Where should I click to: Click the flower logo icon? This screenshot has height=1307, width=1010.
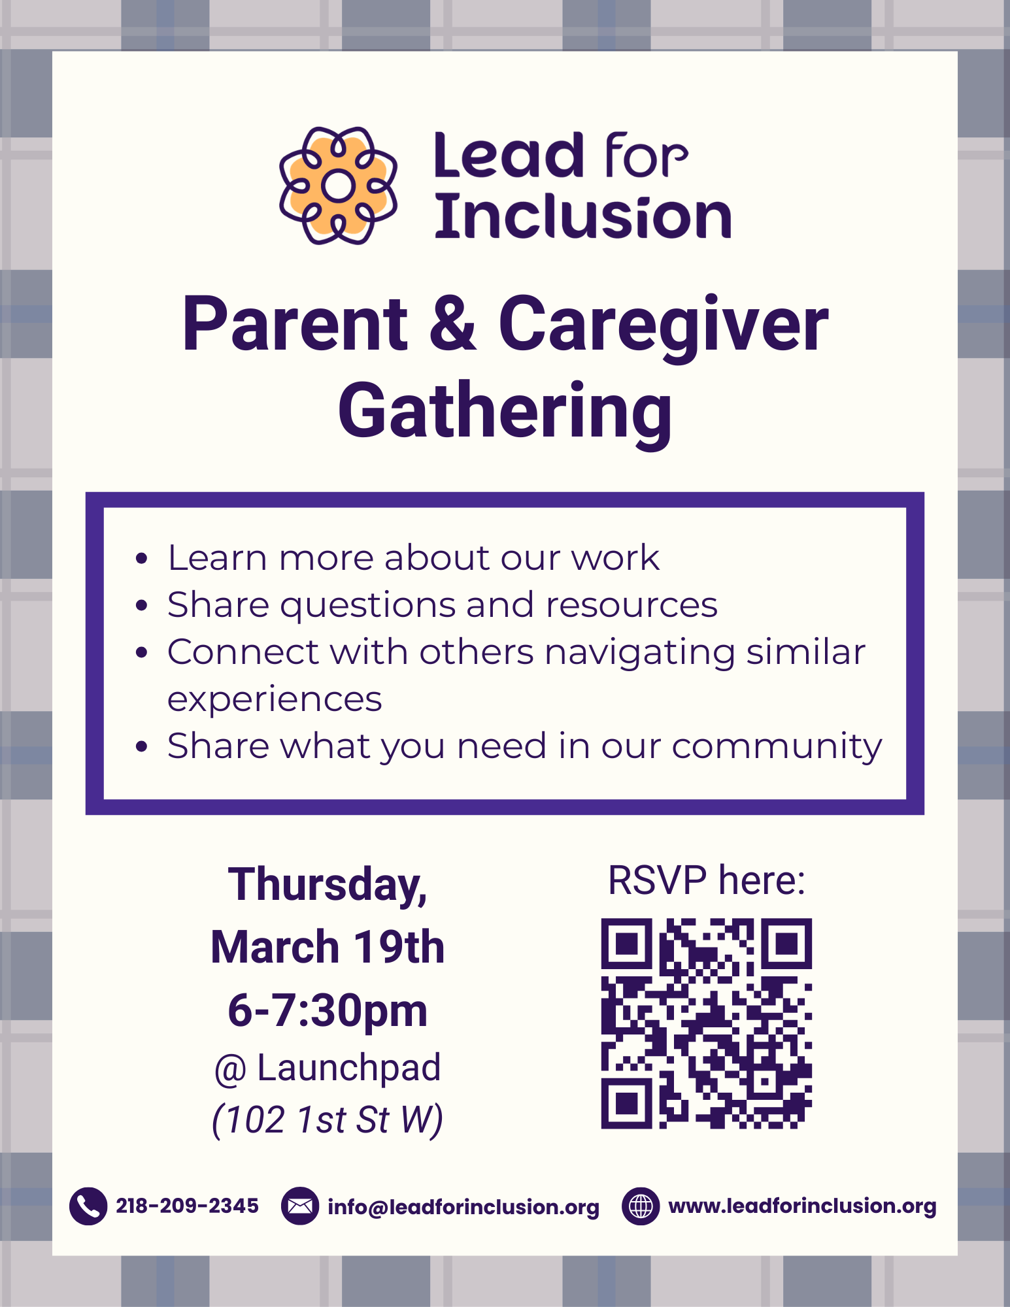338,186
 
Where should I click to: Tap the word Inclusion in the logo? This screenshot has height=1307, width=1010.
582,218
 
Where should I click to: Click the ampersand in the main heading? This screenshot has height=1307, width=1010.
453,325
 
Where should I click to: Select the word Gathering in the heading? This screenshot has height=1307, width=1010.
505,412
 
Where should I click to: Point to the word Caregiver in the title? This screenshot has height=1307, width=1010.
663,325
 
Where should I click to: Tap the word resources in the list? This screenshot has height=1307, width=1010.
631,605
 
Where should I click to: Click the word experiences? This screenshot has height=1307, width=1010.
275,699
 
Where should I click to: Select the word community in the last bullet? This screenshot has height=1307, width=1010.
777,746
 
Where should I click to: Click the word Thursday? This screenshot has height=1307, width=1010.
327,885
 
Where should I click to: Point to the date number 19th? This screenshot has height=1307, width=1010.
399,947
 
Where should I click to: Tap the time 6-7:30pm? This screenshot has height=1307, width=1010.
328,1010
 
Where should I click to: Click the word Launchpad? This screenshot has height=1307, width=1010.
349,1068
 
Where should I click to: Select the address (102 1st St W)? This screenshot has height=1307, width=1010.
328,1120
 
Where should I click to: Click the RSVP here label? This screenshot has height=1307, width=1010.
706,880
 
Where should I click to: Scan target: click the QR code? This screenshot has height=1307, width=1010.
706,1023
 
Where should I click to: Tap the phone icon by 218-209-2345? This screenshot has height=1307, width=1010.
88,1206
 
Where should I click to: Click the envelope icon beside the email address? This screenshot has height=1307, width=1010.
300,1206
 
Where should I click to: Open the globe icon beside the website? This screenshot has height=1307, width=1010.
641,1206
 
